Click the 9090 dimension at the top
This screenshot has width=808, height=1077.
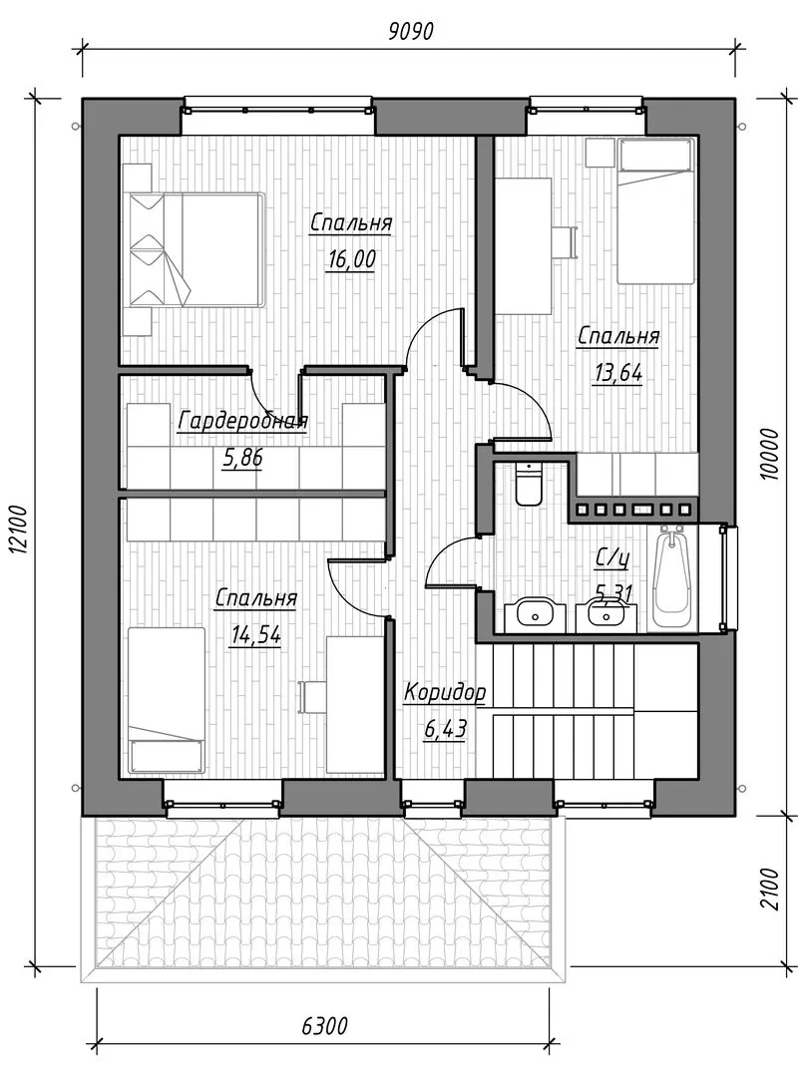411,31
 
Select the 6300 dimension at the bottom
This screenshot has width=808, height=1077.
324,1026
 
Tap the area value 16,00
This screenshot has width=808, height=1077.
352,260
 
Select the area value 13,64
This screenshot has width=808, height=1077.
617,373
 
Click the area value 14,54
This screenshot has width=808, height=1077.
255,635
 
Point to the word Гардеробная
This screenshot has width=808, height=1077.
242,421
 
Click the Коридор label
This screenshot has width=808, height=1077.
445,692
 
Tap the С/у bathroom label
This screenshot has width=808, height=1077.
611,559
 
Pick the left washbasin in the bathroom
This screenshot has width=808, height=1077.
533,614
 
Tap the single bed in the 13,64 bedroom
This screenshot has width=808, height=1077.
654,210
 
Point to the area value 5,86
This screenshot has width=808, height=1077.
242,457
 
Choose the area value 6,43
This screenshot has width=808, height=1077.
445,729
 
